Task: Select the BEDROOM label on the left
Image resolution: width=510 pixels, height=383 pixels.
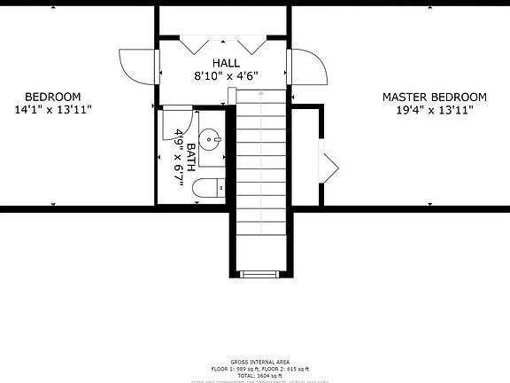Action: click(x=53, y=97)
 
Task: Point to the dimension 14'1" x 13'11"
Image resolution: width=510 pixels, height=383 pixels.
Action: click(x=53, y=110)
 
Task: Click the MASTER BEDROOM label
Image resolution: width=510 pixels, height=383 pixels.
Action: click(x=434, y=97)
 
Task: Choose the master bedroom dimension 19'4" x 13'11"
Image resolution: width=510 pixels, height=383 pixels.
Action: click(x=434, y=110)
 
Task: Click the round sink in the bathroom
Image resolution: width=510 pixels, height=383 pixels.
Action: click(x=212, y=138)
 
